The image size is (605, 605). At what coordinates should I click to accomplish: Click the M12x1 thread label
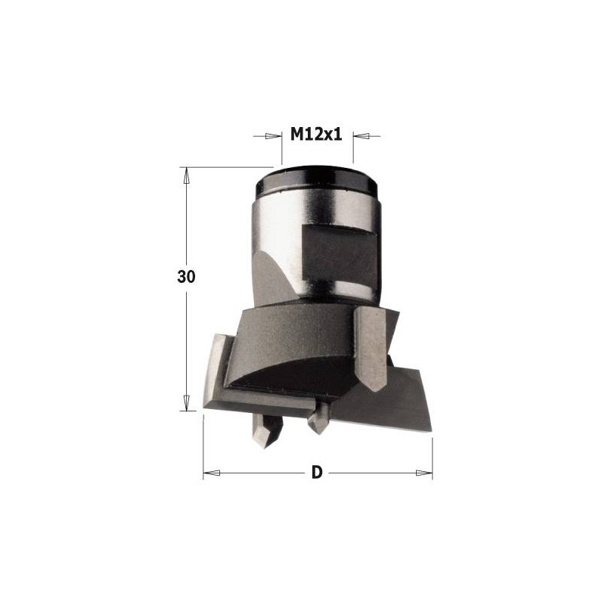coord(317,135)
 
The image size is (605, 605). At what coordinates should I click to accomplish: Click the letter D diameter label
coord(317,473)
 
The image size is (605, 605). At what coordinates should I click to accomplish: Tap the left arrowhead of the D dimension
coord(211,473)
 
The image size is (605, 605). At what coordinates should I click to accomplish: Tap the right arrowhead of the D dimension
coord(425,473)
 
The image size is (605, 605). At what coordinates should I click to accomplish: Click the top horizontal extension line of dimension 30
coord(227,167)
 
